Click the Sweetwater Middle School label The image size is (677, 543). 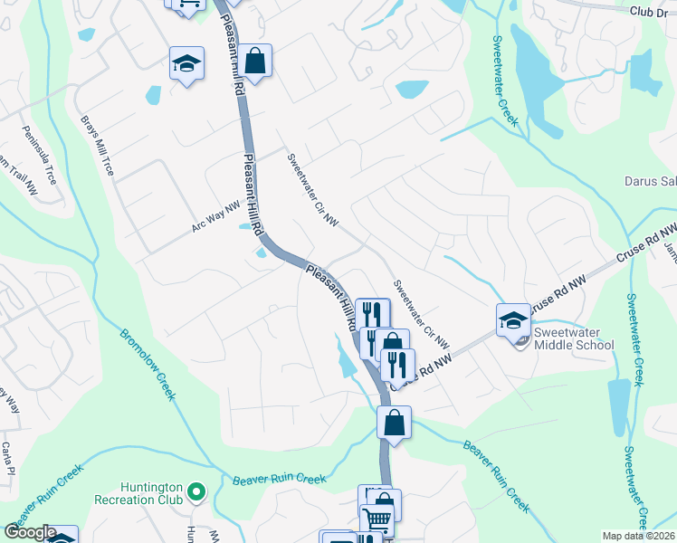click(x=574, y=338)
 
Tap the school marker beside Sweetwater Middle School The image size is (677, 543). click(x=513, y=320)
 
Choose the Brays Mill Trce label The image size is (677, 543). click(x=97, y=145)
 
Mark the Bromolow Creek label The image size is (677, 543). click(x=146, y=363)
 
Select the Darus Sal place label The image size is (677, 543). click(x=650, y=181)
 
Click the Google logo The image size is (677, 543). click(x=29, y=532)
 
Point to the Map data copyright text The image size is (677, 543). click(x=639, y=536)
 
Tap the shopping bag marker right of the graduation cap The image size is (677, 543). click(x=256, y=63)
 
